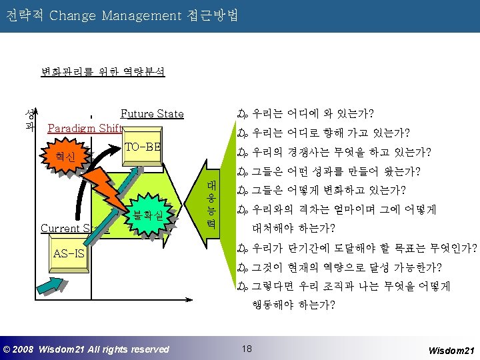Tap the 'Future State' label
pyautogui.click(x=151, y=114)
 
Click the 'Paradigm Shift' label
pyautogui.click(x=85, y=128)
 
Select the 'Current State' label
pyautogui.click(x=73, y=228)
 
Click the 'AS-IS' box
pyautogui.click(x=69, y=253)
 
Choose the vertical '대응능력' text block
pyautogui.click(x=211, y=203)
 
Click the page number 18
pyautogui.click(x=247, y=348)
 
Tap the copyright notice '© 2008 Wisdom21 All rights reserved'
pyautogui.click(x=87, y=349)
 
